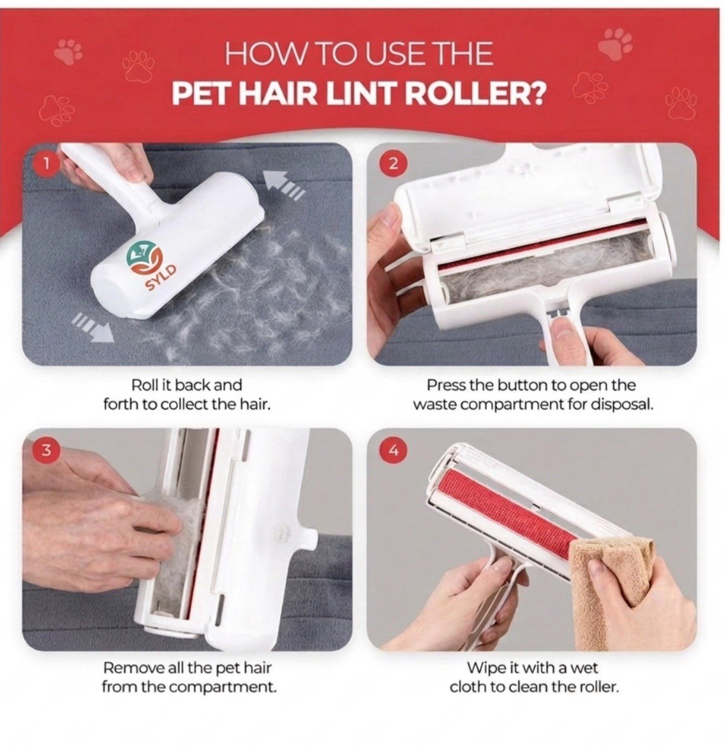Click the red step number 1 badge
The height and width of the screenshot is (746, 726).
(46, 165)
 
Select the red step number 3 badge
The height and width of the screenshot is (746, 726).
(46, 450)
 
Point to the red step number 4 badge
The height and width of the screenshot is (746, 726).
(393, 450)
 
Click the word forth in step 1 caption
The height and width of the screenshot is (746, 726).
(119, 405)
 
